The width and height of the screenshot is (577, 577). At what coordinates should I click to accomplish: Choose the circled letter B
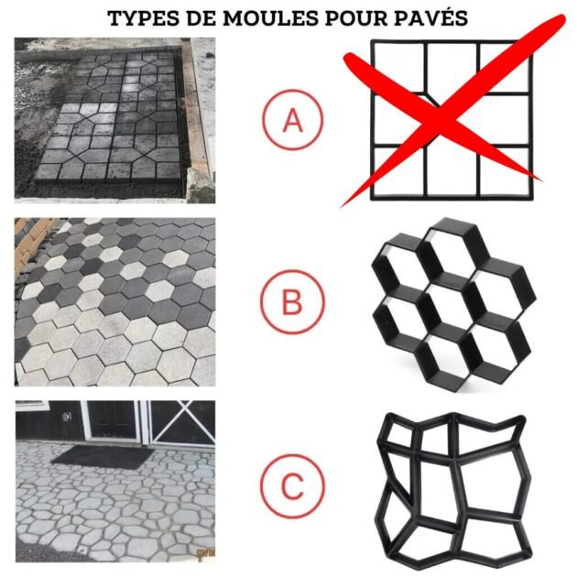tap(291, 303)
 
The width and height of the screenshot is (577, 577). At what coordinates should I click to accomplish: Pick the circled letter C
tap(291, 485)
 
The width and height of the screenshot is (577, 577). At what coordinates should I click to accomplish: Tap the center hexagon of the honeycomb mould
tap(443, 303)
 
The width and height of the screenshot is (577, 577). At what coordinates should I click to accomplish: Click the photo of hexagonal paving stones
tap(114, 301)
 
